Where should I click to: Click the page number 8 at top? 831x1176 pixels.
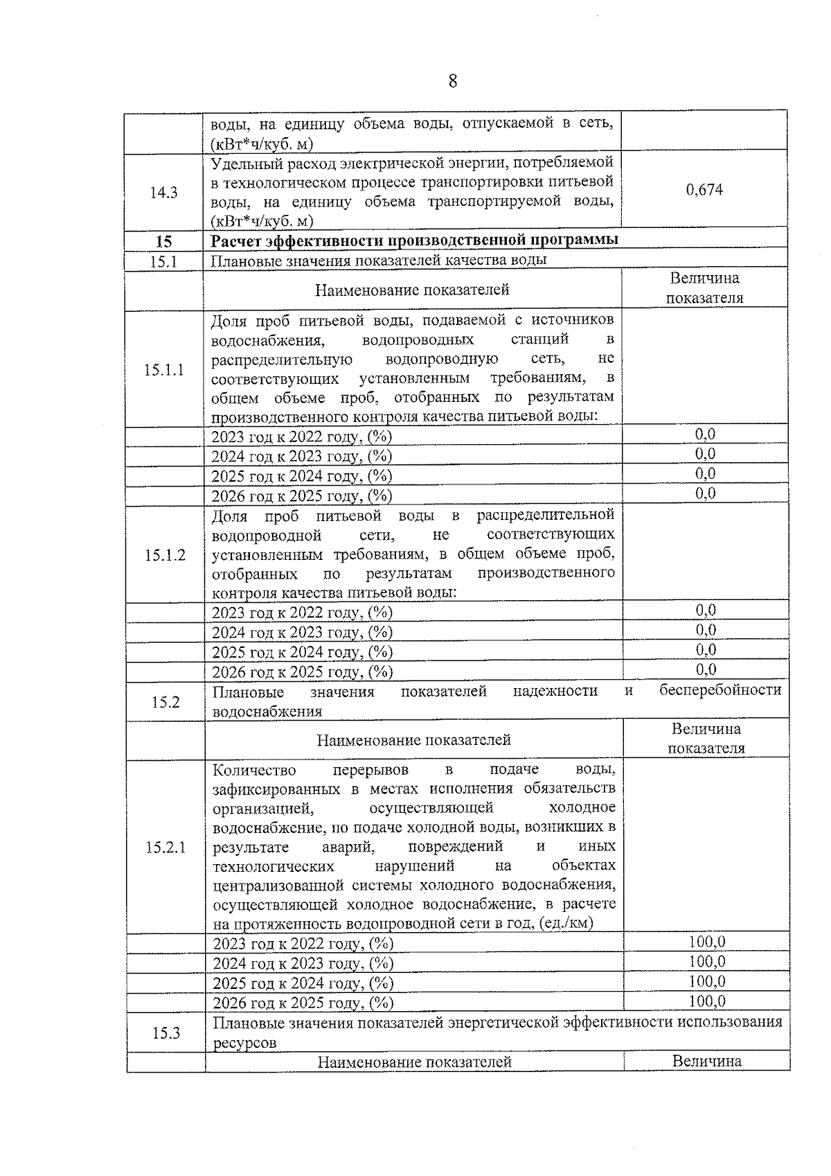(x=452, y=82)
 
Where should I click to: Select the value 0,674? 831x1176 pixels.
(x=704, y=190)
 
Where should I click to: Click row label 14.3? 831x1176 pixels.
(x=163, y=193)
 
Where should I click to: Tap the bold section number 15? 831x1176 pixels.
(x=163, y=242)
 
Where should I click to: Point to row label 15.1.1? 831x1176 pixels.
(x=163, y=370)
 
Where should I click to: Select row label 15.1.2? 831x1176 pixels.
(x=165, y=555)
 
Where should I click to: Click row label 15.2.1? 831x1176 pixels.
(x=166, y=848)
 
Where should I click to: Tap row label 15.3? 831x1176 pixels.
(x=166, y=1033)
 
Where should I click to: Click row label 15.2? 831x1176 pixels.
(x=166, y=702)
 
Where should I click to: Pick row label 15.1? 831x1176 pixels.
(x=163, y=261)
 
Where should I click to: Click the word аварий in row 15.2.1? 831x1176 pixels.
(x=348, y=847)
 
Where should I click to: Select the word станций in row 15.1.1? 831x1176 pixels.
(x=539, y=340)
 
